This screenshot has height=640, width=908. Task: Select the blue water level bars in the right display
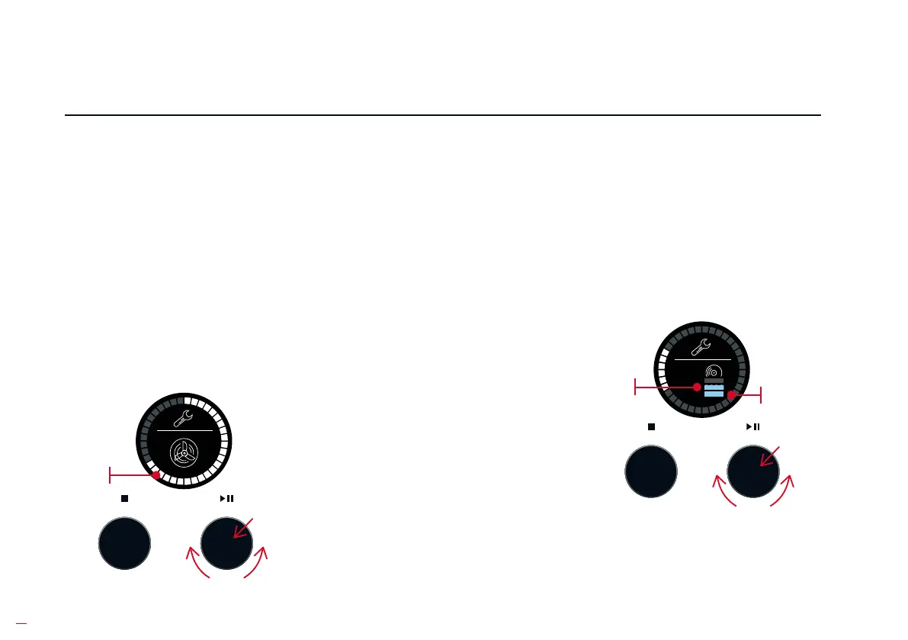(x=714, y=390)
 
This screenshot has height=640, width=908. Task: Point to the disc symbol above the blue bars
(x=714, y=372)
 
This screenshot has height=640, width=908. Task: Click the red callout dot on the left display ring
(x=156, y=475)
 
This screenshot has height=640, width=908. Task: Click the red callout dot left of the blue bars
(x=696, y=388)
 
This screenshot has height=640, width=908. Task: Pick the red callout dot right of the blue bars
(x=731, y=394)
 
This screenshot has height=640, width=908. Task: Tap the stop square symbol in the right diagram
(x=652, y=426)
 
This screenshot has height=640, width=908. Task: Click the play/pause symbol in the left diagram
(x=226, y=498)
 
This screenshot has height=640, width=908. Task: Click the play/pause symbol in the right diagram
(x=752, y=426)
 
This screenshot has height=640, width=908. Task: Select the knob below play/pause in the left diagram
(x=226, y=543)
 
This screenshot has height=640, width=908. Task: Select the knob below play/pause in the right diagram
(x=753, y=471)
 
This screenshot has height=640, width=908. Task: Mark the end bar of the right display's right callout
(x=762, y=394)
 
